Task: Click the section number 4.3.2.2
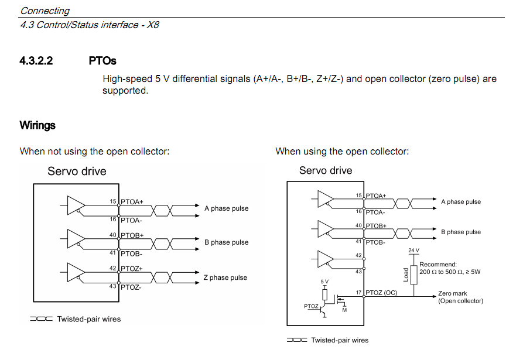(x=36, y=60)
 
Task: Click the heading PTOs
(x=102, y=60)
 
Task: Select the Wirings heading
(x=37, y=125)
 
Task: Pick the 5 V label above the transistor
(x=325, y=282)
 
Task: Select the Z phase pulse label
(x=225, y=277)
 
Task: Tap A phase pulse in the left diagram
(x=226, y=208)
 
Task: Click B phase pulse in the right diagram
(x=461, y=232)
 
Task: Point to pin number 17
(x=359, y=292)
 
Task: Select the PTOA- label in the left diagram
(x=131, y=220)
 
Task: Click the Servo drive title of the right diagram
(x=326, y=170)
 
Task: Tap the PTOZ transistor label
(x=311, y=306)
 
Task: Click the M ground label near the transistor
(x=344, y=310)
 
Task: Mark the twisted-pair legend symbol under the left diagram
(x=41, y=319)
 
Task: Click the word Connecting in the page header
(x=45, y=11)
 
